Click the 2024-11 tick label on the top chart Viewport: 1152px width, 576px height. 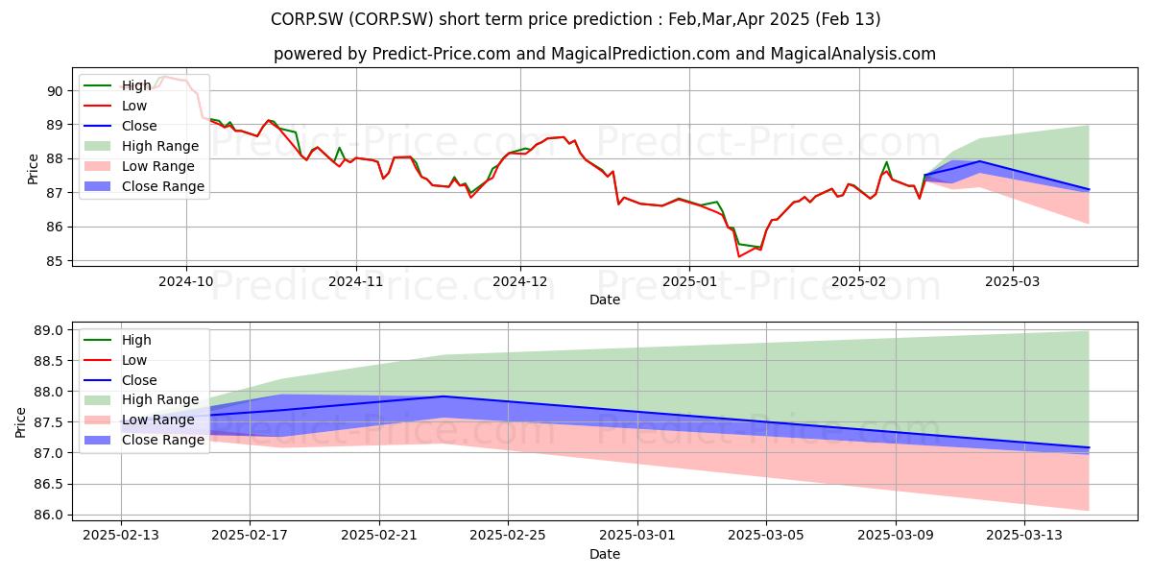point(356,281)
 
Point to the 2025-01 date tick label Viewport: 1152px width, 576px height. point(689,281)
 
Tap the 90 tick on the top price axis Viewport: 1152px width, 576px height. point(55,91)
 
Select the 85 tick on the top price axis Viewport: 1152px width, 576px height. point(55,261)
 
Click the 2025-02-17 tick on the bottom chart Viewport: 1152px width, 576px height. point(250,535)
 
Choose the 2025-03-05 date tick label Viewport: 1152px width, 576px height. point(767,535)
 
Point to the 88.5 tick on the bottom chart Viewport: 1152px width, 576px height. point(48,361)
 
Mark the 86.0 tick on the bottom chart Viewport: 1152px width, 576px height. point(48,515)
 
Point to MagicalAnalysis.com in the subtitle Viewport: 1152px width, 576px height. point(852,54)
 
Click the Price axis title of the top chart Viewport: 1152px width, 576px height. point(33,169)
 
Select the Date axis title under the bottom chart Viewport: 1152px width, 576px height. point(605,554)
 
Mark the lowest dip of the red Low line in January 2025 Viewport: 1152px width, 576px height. point(739,256)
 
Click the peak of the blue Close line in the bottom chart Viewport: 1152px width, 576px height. point(444,396)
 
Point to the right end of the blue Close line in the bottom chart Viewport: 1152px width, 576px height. point(1089,447)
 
